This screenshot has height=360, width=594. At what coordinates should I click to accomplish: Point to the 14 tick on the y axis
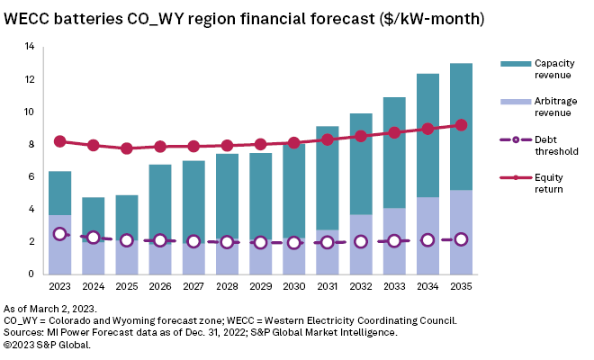(30, 47)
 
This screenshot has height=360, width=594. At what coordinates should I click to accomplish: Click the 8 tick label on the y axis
(31, 144)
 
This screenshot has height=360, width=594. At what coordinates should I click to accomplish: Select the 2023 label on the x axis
(59, 287)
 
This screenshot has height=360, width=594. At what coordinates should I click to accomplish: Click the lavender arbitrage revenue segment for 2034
(428, 235)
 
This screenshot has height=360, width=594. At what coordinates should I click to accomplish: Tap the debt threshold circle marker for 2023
(59, 234)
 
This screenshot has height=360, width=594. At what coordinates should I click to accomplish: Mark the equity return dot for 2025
(127, 148)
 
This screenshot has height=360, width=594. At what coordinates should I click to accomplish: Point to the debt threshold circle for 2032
(362, 241)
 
